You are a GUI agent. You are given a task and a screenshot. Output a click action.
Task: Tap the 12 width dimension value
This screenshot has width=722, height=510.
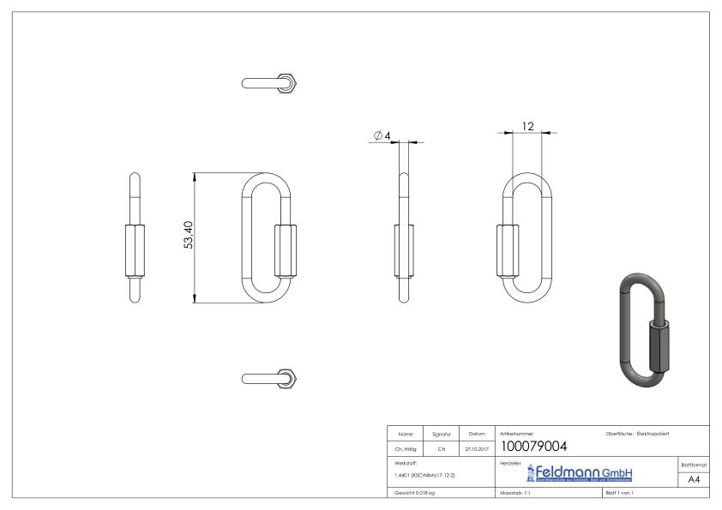click(527, 127)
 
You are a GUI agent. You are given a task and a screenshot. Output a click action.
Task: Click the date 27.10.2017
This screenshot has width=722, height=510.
click(476, 447)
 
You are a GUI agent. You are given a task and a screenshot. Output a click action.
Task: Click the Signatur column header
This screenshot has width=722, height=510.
click(440, 433)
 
